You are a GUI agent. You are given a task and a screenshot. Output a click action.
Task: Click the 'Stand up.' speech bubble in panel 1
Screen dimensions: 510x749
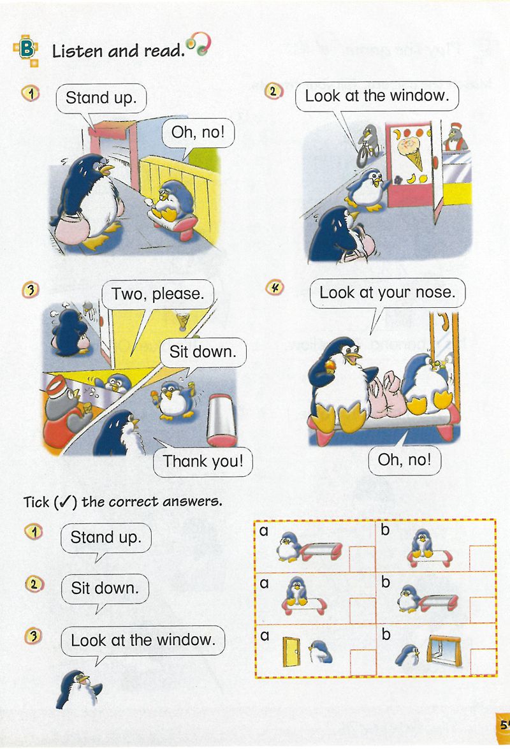101,98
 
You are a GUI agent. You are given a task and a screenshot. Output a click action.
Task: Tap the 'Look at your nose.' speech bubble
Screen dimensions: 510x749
387,293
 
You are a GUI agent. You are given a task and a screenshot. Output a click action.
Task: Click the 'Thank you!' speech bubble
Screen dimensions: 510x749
203,462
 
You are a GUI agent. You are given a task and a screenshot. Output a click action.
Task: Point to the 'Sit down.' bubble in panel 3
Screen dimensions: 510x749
203,353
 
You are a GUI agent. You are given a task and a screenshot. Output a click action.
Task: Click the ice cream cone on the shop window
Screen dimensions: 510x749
411,152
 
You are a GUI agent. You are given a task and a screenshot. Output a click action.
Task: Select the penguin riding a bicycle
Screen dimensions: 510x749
368,145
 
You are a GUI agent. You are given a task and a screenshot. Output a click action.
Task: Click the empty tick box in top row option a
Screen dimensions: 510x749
363,559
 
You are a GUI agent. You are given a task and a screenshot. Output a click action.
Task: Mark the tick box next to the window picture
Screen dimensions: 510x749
483,662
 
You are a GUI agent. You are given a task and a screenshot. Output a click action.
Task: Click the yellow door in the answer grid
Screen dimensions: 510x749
291,651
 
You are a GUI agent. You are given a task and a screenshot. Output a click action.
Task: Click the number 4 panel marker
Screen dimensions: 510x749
275,287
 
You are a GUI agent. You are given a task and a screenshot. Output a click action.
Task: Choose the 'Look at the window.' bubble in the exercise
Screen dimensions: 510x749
143,641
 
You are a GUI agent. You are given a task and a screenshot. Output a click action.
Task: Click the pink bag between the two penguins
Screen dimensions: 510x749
387,395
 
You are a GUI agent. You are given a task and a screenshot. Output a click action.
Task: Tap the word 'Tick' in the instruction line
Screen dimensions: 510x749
36,502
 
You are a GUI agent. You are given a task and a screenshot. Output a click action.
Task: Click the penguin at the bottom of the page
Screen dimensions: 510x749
78,689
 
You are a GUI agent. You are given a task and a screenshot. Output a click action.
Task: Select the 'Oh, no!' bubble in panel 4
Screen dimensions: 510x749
404,460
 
